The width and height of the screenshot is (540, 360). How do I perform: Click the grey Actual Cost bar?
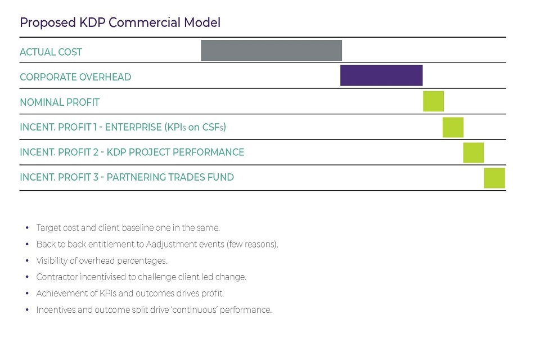pyautogui.click(x=271, y=50)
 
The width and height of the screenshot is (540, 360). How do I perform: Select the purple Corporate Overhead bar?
pyautogui.click(x=381, y=75)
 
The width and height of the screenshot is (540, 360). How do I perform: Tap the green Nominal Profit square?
pyautogui.click(x=433, y=101)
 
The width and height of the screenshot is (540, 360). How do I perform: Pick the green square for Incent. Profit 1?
pyautogui.click(x=453, y=127)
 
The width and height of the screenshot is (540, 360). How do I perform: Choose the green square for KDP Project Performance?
pyautogui.click(x=473, y=152)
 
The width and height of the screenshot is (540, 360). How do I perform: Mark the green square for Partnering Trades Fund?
pyautogui.click(x=494, y=178)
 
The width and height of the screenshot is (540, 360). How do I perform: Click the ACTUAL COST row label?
pyautogui.click(x=51, y=52)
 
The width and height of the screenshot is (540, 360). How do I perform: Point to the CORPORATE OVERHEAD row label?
pyautogui.click(x=75, y=77)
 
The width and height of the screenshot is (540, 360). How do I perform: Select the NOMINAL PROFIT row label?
pyautogui.click(x=60, y=102)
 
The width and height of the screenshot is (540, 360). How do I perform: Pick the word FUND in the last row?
pyautogui.click(x=221, y=177)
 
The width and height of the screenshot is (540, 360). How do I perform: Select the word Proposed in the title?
pyautogui.click(x=46, y=22)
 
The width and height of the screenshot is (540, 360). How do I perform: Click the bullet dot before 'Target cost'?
pyautogui.click(x=27, y=228)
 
